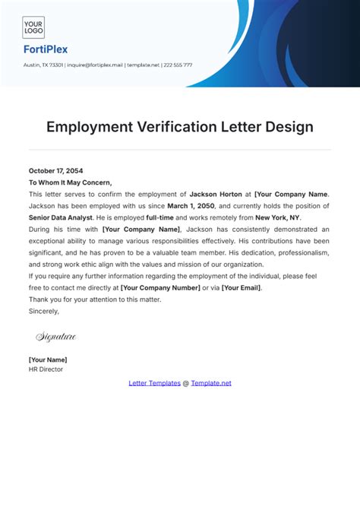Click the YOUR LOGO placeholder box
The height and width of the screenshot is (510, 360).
(x=33, y=27)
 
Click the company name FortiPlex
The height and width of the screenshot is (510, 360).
(x=45, y=49)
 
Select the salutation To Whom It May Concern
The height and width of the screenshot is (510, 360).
(x=70, y=182)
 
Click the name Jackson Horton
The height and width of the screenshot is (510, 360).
(x=220, y=194)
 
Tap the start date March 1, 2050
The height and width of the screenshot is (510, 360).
(x=190, y=205)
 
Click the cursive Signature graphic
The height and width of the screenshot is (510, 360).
(x=55, y=336)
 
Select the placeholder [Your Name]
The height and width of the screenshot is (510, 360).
(x=48, y=359)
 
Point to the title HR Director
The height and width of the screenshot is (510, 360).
(x=46, y=369)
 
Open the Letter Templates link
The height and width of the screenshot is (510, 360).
(x=154, y=383)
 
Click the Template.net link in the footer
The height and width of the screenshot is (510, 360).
(x=211, y=383)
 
